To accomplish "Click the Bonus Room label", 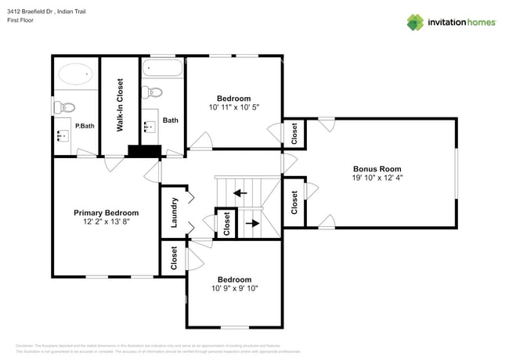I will point(377,168).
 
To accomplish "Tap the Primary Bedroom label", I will point(106,213).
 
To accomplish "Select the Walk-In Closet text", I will point(121,104).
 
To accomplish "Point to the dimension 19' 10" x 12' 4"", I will point(377,178).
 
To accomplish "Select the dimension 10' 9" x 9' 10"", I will point(235,289).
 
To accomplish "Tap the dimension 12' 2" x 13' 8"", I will point(106,223).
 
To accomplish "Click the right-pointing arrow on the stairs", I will point(252,223).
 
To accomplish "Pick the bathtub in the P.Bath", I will point(76,76).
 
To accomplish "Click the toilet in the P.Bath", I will point(64,106).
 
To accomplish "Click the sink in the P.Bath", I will point(62,137).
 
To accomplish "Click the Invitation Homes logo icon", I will point(416,22).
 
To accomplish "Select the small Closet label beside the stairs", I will point(226,223).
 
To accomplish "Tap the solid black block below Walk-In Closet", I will point(144,152).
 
